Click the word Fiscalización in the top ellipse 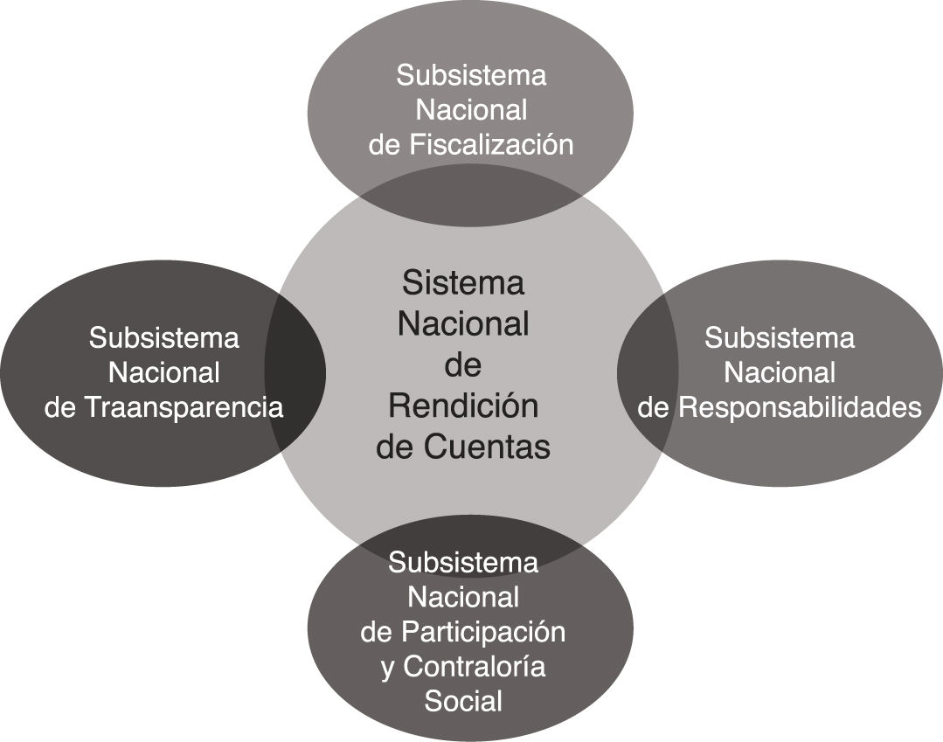pyautogui.click(x=491, y=145)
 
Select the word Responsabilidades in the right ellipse pyautogui.click(x=801, y=408)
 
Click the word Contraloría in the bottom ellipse pyautogui.click(x=476, y=667)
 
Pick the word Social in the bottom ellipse pyautogui.click(x=463, y=701)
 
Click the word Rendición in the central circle pyautogui.click(x=463, y=406)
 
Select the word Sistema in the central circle pyautogui.click(x=463, y=283)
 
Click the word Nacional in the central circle pyautogui.click(x=463, y=324)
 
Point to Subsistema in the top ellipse pyautogui.click(x=471, y=75)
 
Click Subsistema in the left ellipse pyautogui.click(x=163, y=337)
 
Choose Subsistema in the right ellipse pyautogui.click(x=780, y=337)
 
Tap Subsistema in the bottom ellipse pyautogui.click(x=463, y=562)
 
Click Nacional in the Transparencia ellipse pyautogui.click(x=163, y=373)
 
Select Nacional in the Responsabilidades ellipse pyautogui.click(x=780, y=373)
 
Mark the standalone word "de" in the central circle pyautogui.click(x=463, y=365)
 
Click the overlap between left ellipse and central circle pyautogui.click(x=295, y=372)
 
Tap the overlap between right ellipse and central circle pyautogui.click(x=648, y=372)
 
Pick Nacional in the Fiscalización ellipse pyautogui.click(x=471, y=110)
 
